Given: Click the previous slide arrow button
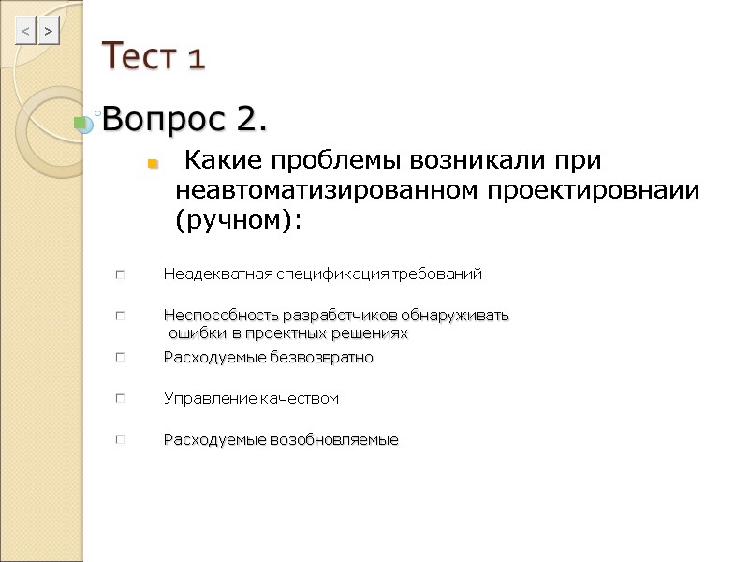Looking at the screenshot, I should click(25, 33).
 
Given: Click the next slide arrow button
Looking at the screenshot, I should click(49, 33).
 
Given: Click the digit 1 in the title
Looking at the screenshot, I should click(196, 59).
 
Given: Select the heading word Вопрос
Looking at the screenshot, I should click(165, 120).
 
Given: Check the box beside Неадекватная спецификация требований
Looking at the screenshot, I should click(120, 274).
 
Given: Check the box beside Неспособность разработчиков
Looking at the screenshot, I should click(120, 316).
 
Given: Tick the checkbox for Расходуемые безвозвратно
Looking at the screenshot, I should click(120, 357).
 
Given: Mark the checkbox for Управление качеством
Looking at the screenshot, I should click(120, 398).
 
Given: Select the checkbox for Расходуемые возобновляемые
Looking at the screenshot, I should click(120, 439).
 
